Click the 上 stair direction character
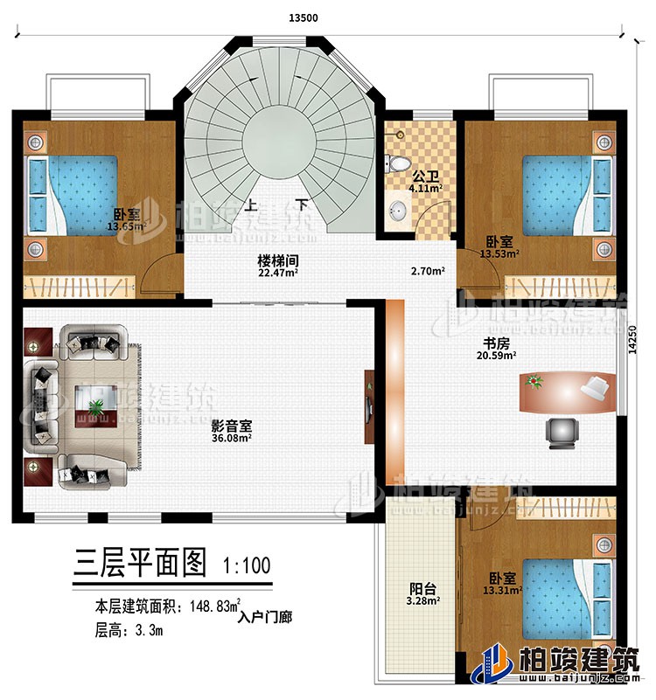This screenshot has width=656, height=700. [252, 207]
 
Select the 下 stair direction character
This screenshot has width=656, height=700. [302, 207]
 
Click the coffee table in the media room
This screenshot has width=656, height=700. [96, 405]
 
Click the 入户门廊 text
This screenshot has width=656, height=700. [265, 615]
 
